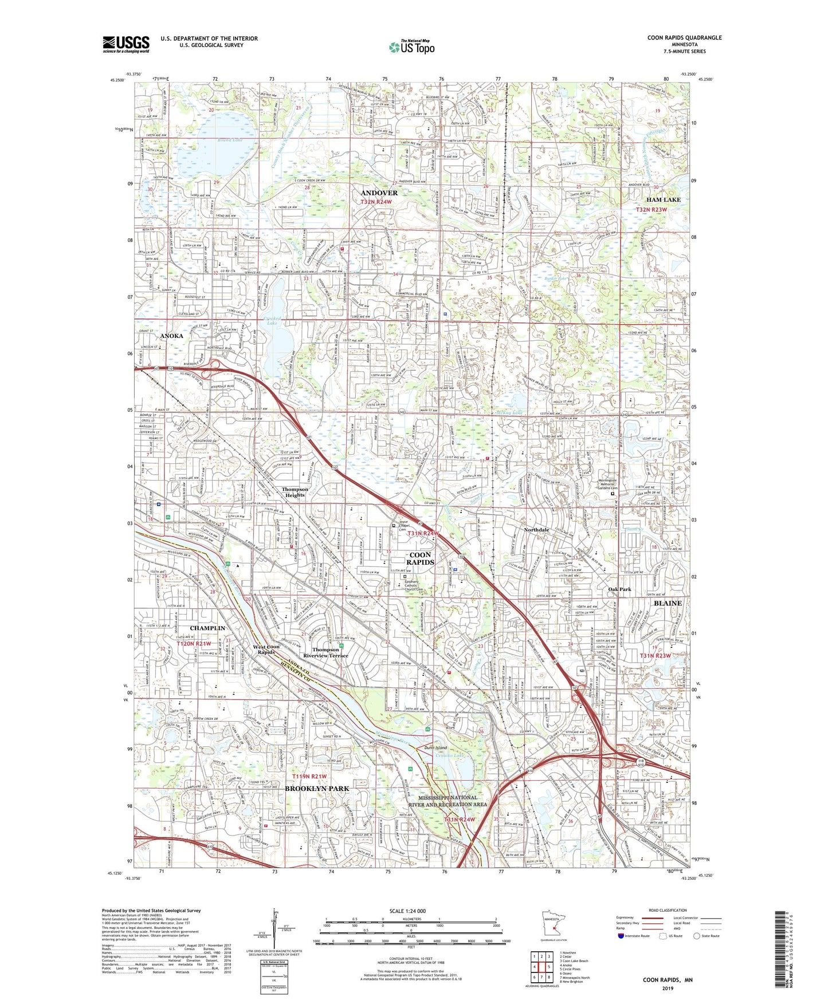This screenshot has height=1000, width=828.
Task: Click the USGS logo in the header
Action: [x=126, y=44]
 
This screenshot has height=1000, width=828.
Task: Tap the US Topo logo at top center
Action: [x=411, y=46]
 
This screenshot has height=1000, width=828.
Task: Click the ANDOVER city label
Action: [x=379, y=193]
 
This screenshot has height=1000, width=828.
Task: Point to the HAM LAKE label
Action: [x=664, y=199]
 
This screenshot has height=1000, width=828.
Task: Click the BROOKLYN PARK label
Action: [x=317, y=789]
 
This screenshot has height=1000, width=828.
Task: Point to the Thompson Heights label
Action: [x=295, y=492]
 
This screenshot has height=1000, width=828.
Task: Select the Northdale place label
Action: [x=536, y=530]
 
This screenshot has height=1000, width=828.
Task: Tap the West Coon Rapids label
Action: [x=266, y=649]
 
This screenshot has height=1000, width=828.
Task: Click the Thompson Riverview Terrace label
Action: [x=326, y=653]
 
